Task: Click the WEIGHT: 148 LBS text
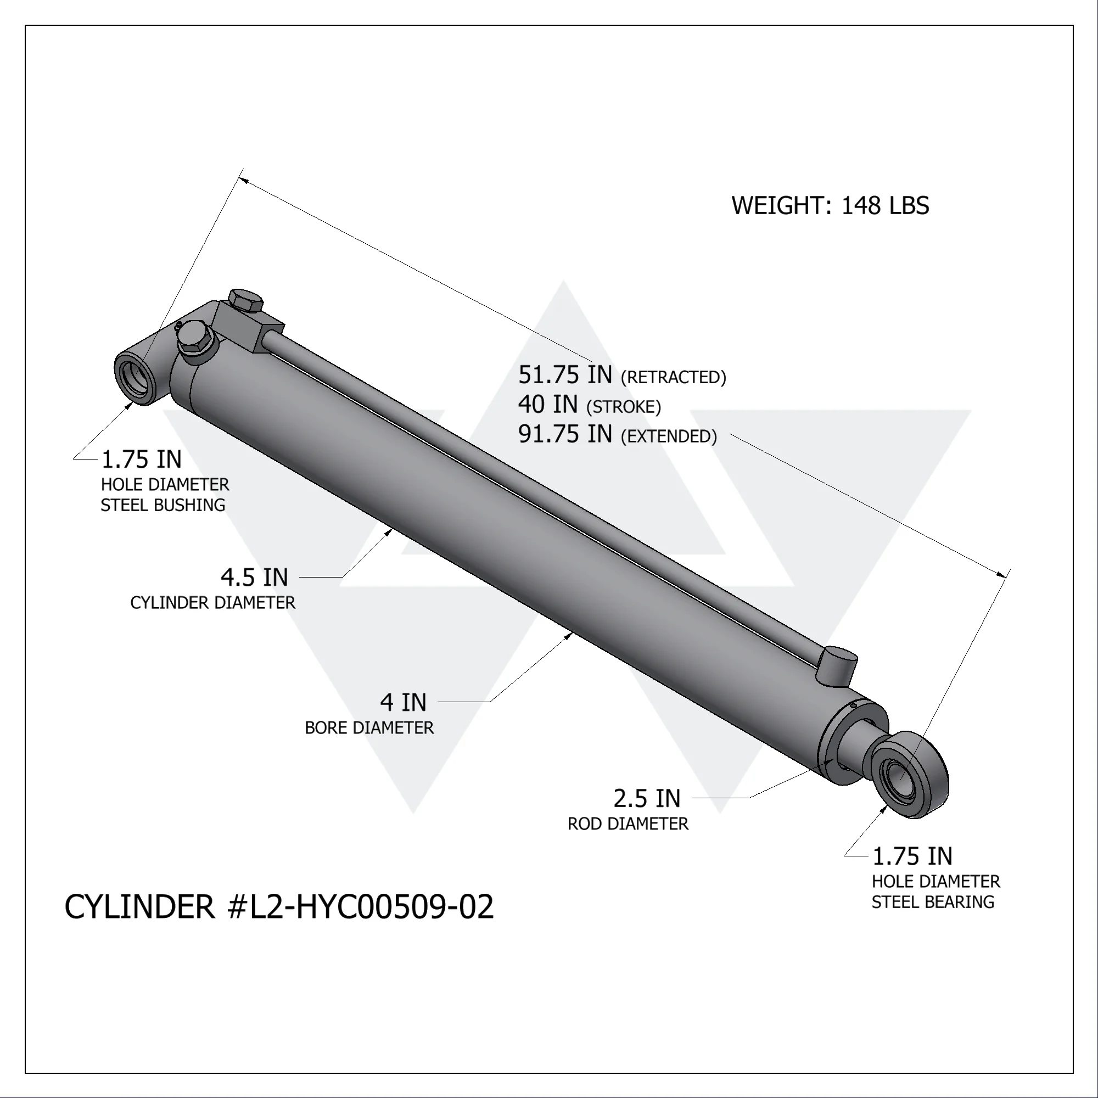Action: [x=830, y=206]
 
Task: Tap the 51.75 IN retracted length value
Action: [x=565, y=375]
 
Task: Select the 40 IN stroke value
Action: [x=548, y=405]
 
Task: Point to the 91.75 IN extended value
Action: [x=565, y=434]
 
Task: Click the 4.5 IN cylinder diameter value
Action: [x=255, y=578]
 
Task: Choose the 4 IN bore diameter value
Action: [x=404, y=703]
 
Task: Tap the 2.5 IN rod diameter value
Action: [x=647, y=798]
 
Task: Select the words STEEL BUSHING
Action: [x=163, y=505]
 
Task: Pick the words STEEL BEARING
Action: [x=933, y=902]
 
